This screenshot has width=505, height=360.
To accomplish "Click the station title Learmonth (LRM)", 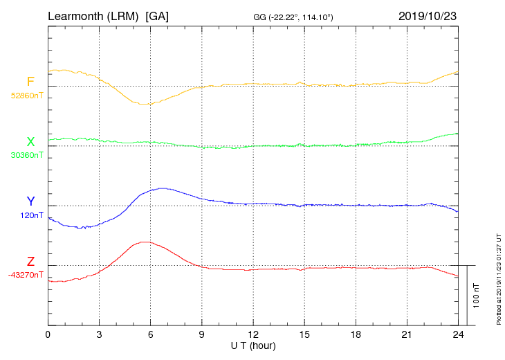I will click(93, 15).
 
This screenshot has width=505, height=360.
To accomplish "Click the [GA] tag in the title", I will click(157, 15).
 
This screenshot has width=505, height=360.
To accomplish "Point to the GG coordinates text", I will click(293, 17).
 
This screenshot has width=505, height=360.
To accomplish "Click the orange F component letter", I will click(30, 82).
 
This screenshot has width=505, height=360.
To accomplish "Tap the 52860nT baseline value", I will click(26, 95).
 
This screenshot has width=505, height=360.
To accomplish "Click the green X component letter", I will click(30, 142).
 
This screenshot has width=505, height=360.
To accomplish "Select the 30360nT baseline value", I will click(26, 155).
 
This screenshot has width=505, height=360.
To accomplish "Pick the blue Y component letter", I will click(30, 201).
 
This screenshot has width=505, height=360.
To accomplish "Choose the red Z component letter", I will click(30, 262).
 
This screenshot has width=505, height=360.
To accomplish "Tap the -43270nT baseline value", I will click(26, 275).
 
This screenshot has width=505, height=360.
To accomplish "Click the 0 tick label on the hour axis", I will click(48, 334).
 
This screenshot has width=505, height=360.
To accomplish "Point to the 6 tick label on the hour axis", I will click(150, 334).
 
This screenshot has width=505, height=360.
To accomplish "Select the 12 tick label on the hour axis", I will click(253, 334).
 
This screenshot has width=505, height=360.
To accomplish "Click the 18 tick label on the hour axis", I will click(356, 334).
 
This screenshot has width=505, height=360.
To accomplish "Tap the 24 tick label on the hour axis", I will click(458, 334).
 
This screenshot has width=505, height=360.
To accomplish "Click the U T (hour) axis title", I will click(253, 345).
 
